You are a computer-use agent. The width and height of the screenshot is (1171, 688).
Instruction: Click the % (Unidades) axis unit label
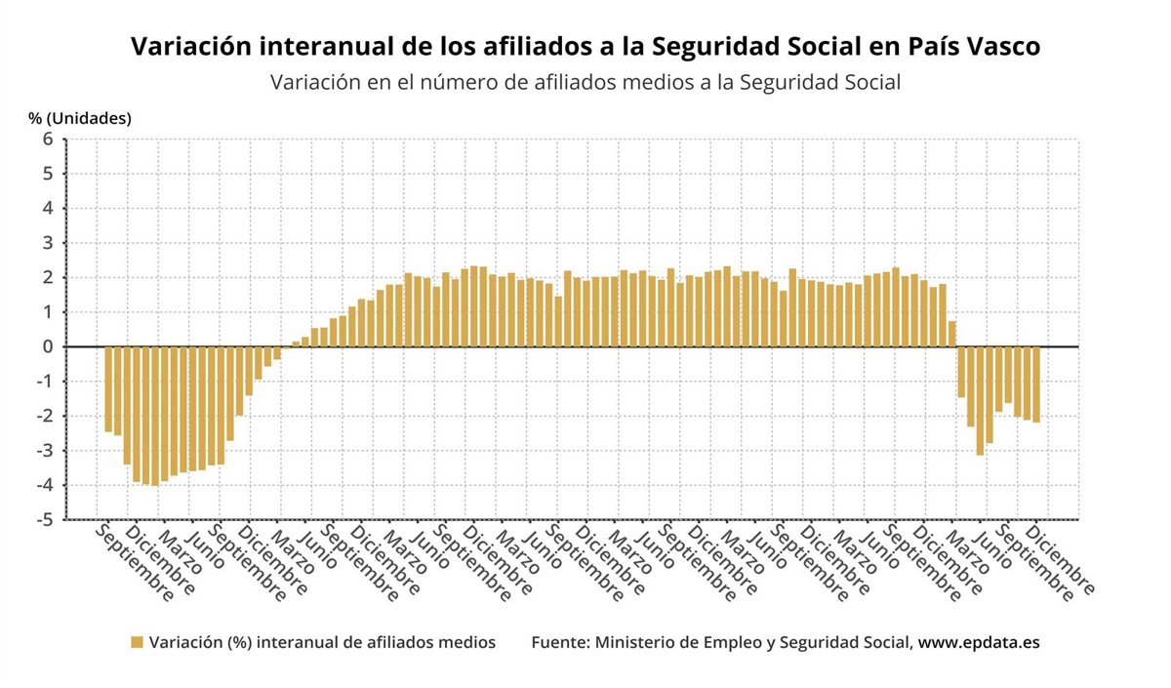80,118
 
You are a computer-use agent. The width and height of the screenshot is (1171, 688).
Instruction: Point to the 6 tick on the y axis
47,140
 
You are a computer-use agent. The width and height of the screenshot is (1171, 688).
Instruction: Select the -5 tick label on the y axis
44,520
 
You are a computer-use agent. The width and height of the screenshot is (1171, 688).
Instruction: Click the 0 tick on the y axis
47,347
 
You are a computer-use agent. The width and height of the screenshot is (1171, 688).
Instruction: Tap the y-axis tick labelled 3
47,243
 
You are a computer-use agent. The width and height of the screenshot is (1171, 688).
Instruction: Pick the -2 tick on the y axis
44,417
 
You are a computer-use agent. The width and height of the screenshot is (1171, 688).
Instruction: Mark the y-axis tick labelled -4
44,486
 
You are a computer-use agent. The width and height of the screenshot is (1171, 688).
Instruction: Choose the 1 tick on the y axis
47,312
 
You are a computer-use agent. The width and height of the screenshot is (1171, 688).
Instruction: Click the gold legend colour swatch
137,642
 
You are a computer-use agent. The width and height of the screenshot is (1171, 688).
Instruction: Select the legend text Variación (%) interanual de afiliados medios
322,642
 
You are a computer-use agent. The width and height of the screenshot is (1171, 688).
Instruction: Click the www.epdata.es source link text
979,642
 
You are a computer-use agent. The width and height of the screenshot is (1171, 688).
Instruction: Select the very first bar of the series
108,388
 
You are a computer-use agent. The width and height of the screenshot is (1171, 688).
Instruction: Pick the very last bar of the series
1036,384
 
